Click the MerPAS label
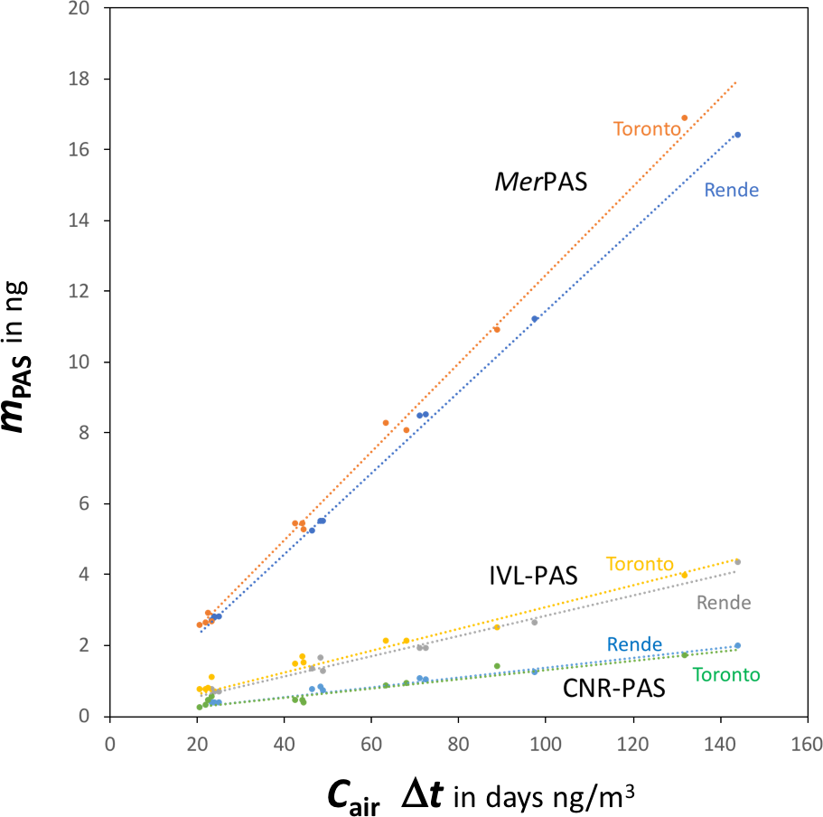[x=540, y=183]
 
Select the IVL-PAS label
[x=533, y=576]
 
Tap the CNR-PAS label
[x=614, y=689]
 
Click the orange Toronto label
[x=646, y=128]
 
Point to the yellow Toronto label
[x=640, y=564]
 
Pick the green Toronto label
[x=725, y=674]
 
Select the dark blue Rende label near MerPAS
[x=731, y=190]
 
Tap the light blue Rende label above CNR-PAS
[x=633, y=644]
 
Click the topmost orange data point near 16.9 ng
[x=684, y=117]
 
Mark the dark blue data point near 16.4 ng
[x=737, y=135]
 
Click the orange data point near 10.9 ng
[x=496, y=329]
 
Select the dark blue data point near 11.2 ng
[x=535, y=318]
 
